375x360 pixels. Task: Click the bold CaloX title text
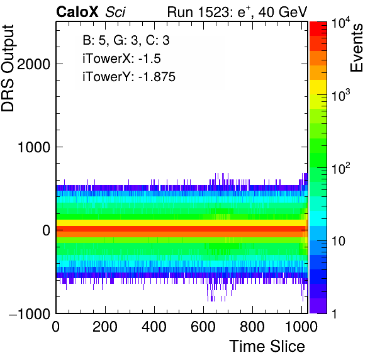coord(77,12)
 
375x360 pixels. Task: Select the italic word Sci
coord(115,12)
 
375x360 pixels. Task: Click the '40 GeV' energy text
coord(283,12)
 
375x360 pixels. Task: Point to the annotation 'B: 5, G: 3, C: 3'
coord(126,40)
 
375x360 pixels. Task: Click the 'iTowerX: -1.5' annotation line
coord(121,59)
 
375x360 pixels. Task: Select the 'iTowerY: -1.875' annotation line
coord(129,77)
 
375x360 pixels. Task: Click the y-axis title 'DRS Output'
coord(8,68)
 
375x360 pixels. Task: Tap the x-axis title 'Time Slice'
coord(267,346)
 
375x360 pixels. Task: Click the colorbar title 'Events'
coord(356,48)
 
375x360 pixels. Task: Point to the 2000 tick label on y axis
coord(34,64)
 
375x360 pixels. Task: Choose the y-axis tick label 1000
coord(34,147)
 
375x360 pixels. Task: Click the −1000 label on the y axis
coord(30,313)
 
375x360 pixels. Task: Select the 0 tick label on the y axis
coord(47,230)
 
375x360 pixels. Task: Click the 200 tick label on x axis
coord(105,327)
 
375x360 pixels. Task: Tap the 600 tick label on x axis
coord(203,327)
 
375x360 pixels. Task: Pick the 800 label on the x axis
coord(252,327)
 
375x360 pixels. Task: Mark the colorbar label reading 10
coord(339,241)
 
